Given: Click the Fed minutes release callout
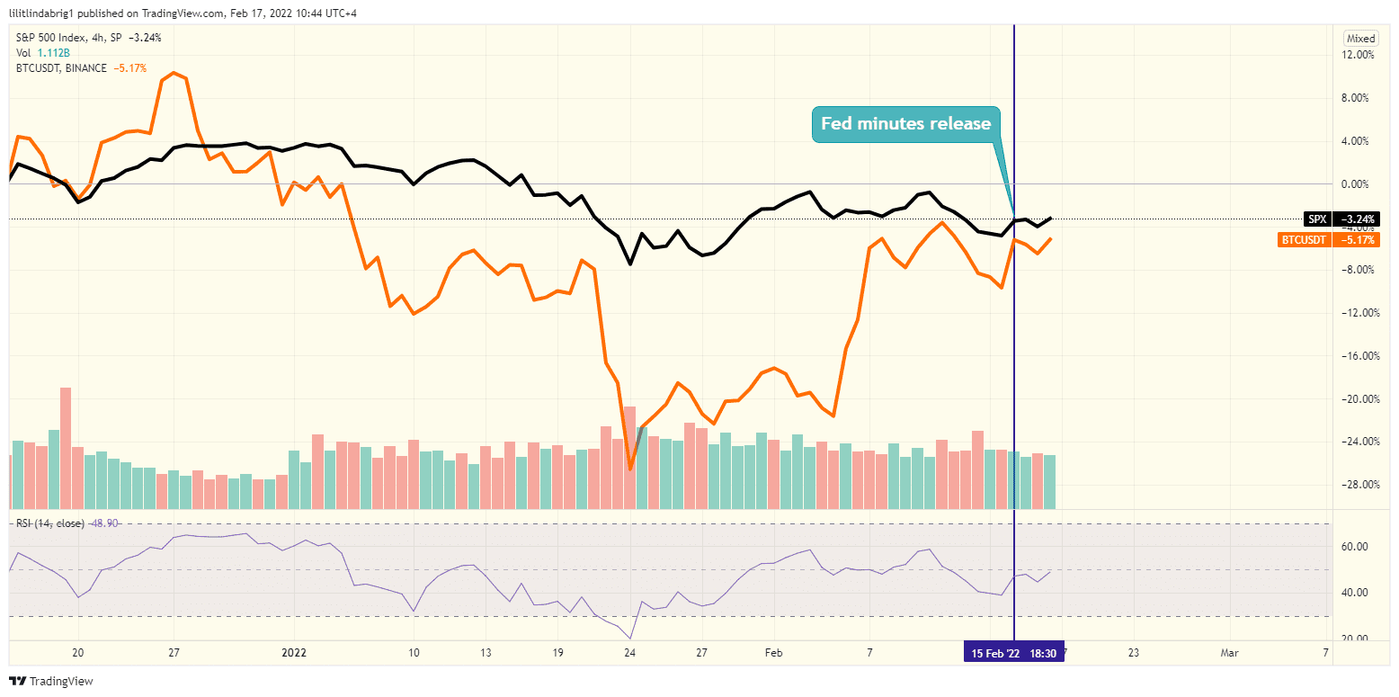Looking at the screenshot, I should pos(905,124).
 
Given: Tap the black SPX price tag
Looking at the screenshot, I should pos(1341,219).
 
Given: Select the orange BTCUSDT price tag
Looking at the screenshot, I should pos(1329,240).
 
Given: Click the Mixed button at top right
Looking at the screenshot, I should pos(1360,39).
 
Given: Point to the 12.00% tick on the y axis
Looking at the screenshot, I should pos(1357,55).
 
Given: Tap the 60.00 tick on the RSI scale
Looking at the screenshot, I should pos(1355,547).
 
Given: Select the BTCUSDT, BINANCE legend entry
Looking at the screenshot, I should pos(61,67).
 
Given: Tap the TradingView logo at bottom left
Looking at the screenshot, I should pos(51,681).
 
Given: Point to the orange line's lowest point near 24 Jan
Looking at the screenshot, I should pos(630,469).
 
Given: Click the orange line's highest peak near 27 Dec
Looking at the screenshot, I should pos(174,73).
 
